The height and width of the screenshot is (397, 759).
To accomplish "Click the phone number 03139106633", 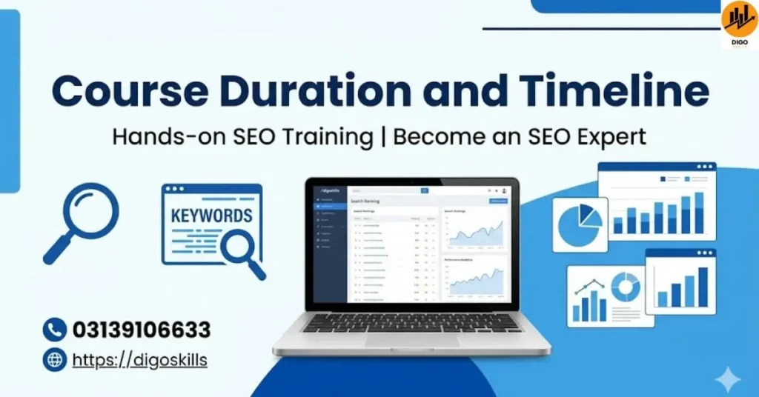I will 141,330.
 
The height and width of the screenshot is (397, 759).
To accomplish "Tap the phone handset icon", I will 54,330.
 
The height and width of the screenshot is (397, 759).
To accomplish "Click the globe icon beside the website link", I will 54,361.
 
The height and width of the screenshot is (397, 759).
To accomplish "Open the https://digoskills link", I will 140,361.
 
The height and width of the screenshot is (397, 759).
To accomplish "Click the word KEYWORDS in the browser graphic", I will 211,217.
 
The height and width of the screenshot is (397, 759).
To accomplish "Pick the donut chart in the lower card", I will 625,287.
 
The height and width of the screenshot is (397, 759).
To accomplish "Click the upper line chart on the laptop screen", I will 474,230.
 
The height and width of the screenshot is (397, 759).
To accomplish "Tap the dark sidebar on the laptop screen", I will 330,244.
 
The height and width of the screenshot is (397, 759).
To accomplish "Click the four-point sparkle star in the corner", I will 727,380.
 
